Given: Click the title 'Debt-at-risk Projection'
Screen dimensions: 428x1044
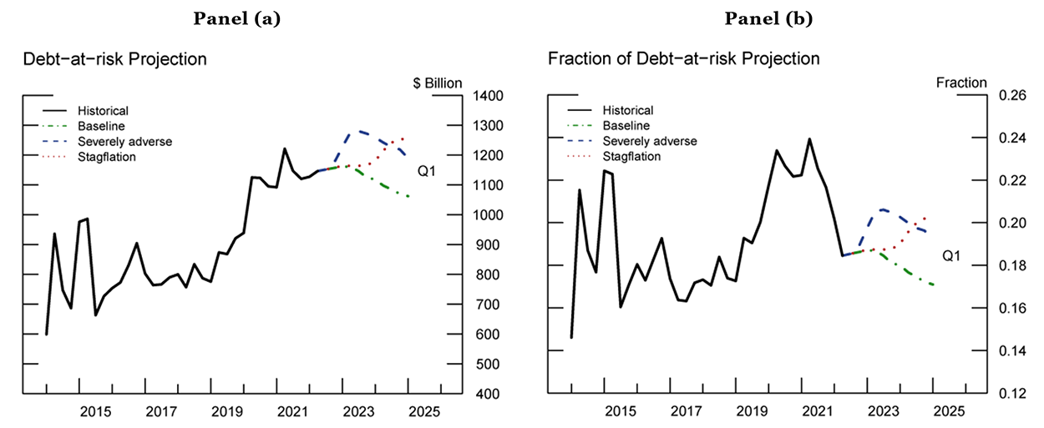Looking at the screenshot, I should [114, 59].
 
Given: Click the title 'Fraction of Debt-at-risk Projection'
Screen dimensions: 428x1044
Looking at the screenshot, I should [683, 59].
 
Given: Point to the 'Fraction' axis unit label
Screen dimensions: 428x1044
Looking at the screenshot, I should [961, 83].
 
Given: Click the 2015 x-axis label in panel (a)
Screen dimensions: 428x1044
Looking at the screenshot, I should [95, 411].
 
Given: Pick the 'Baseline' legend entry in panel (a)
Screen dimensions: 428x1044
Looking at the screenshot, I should [101, 126].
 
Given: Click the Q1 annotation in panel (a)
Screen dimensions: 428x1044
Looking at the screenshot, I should [427, 173].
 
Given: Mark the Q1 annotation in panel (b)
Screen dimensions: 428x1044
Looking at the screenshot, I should [951, 257].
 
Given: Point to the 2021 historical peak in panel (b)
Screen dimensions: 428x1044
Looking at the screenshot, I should [809, 139].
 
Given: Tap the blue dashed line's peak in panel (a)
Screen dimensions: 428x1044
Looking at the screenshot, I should [357, 131].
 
